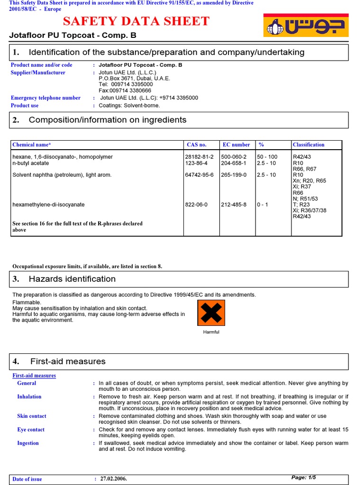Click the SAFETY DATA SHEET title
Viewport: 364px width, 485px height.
[x=136, y=21]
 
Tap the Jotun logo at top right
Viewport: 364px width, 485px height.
[x=306, y=25]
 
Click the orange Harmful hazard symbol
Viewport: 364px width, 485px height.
[x=211, y=313]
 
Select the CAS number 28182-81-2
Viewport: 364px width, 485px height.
[x=199, y=157]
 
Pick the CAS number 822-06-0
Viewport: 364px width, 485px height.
[x=196, y=205]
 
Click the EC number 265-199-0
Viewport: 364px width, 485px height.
[x=234, y=175]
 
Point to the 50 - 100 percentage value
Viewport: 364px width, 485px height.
[x=267, y=157]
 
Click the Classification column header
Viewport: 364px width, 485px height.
[x=309, y=145]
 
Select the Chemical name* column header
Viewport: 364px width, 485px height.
[x=31, y=145]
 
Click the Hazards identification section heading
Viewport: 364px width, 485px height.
[x=72, y=279]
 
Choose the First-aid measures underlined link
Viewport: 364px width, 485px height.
[x=34, y=376]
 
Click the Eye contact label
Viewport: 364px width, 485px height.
[x=31, y=430]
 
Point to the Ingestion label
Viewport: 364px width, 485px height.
[x=28, y=443]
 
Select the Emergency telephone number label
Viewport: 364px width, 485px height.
[x=45, y=98]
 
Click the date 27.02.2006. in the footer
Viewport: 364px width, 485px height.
[x=114, y=479]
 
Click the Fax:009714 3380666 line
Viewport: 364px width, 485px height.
[x=125, y=90]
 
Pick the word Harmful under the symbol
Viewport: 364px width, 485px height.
[x=211, y=332]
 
